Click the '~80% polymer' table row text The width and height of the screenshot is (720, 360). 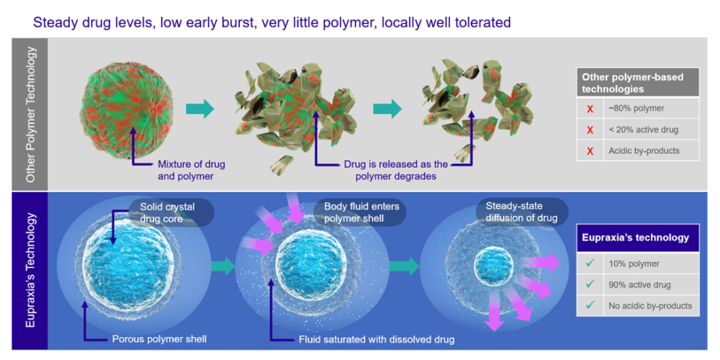(637, 108)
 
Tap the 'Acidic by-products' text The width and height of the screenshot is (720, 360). (643, 151)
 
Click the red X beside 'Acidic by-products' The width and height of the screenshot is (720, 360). (590, 151)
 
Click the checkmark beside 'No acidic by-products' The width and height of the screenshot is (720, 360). (590, 305)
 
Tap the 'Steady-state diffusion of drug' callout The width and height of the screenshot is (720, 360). (523, 212)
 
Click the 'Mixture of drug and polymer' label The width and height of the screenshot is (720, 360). (191, 169)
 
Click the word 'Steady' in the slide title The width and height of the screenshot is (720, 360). (54, 22)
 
